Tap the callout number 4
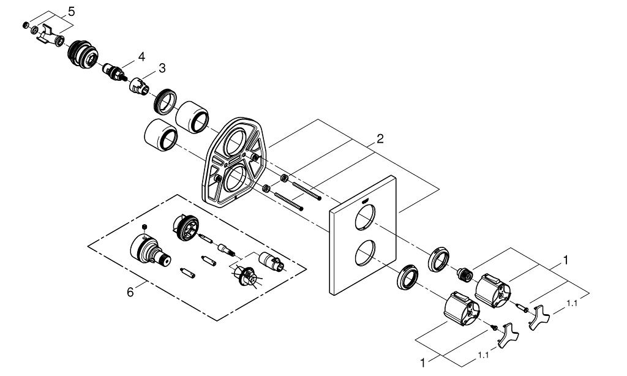click(141, 56)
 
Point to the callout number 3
click(162, 69)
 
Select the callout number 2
click(379, 139)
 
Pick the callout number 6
click(130, 292)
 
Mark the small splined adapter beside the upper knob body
click(466, 274)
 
